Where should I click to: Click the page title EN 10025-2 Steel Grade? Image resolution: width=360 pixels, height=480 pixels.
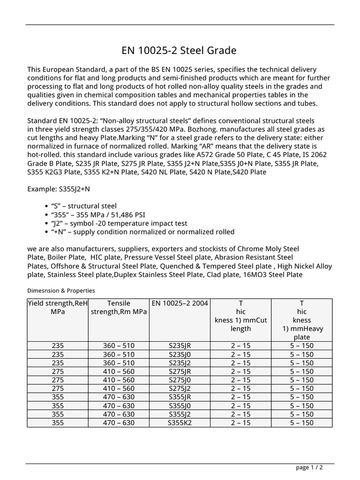180,50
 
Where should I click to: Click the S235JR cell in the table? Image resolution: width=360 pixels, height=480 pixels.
180,346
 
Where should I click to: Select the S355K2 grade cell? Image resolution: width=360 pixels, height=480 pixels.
180,423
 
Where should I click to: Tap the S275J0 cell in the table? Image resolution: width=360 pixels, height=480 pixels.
180,380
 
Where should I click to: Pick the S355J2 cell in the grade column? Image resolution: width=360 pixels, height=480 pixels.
180,414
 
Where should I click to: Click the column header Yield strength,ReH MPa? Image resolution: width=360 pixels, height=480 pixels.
58,307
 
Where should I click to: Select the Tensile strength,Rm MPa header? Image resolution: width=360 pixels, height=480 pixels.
119,307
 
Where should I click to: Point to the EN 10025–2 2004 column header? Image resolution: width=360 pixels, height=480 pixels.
180,303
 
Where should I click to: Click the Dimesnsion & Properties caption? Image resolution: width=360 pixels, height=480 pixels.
61,291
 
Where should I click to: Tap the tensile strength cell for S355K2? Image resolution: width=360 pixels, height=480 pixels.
119,423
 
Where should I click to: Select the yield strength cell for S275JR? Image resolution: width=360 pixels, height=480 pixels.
58,372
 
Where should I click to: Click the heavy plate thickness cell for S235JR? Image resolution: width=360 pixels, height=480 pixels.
301,346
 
